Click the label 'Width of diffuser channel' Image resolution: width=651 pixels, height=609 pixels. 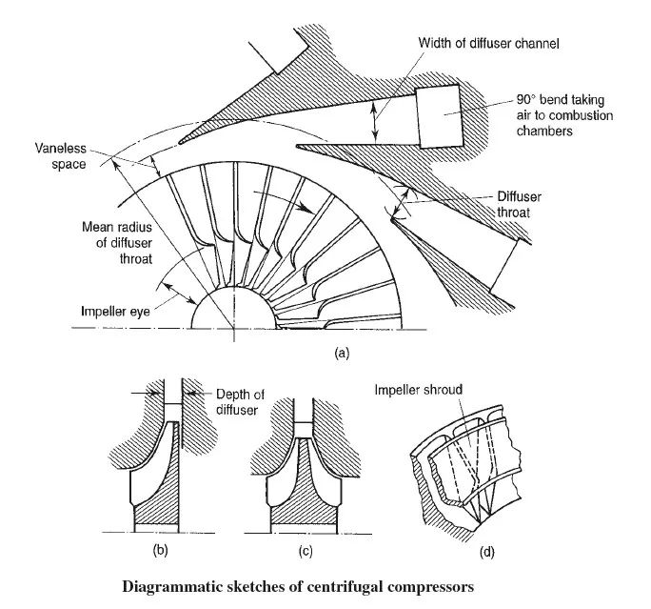488,43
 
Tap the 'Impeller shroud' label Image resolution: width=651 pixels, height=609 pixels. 417,390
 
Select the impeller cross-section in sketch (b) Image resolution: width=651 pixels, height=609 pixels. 154,486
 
